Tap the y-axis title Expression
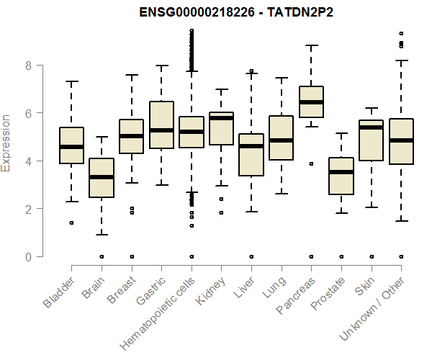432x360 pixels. point(6,143)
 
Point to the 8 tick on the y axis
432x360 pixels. point(29,65)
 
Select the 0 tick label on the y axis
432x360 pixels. point(29,256)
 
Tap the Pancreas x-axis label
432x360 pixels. point(296,296)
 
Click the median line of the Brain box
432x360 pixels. point(102,176)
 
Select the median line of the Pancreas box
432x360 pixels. point(311,102)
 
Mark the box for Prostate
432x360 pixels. point(341,176)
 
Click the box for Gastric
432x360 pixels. point(161,125)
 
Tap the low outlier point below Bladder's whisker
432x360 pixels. point(71,222)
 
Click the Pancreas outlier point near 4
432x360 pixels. point(311,163)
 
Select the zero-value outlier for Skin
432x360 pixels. point(372,256)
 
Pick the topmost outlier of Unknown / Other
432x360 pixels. point(401,33)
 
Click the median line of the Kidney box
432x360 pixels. point(221,118)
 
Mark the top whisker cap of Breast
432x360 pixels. point(131,75)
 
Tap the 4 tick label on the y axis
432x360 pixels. point(29,161)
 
